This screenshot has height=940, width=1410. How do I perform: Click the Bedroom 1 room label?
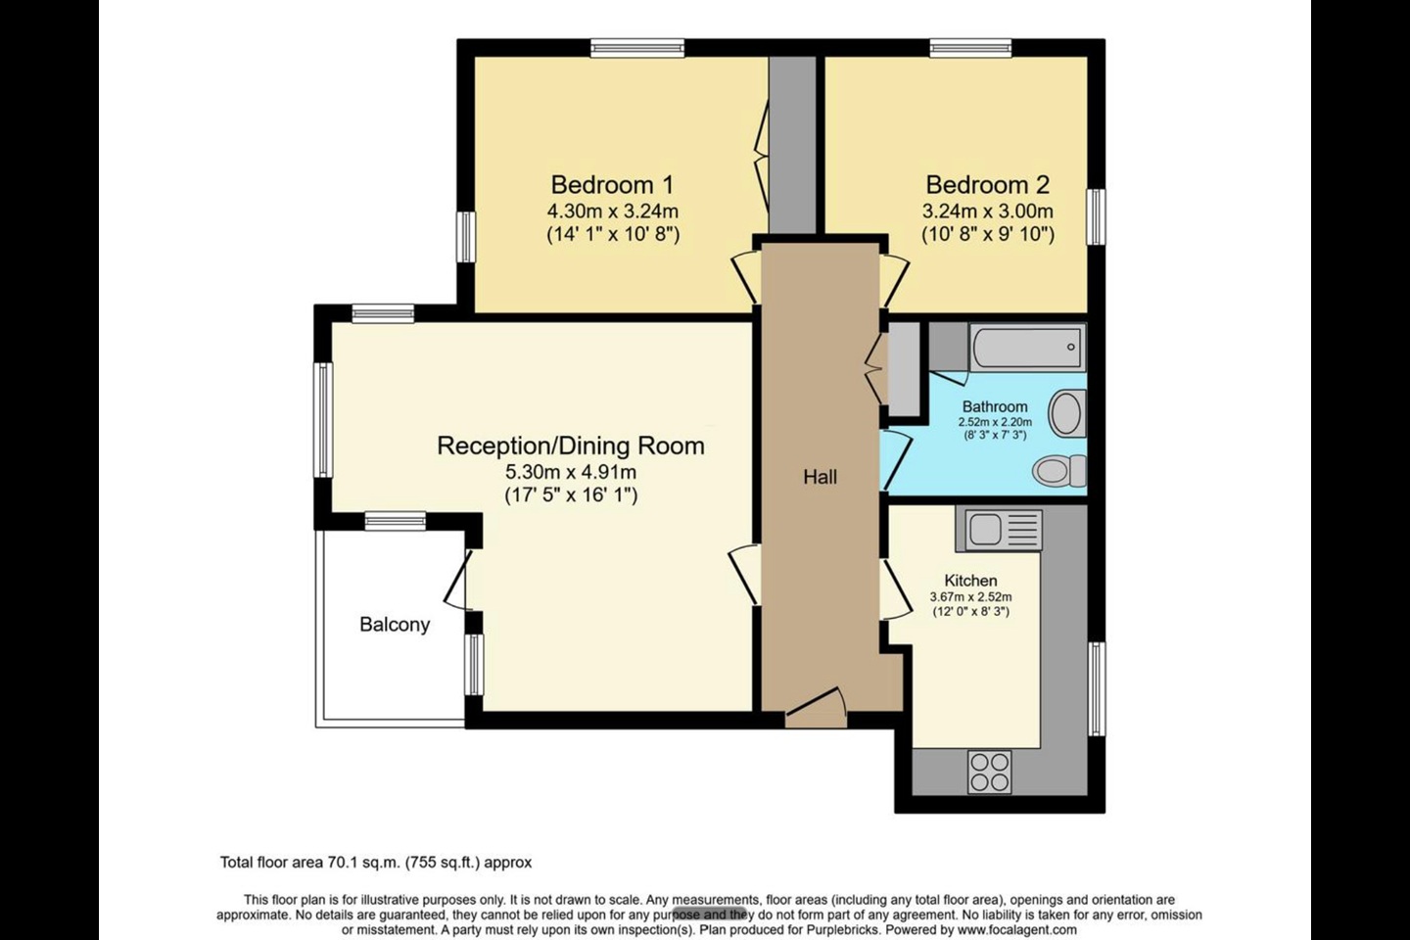point(613,184)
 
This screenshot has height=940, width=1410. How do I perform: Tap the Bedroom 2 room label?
point(988,184)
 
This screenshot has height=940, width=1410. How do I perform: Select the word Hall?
point(820,477)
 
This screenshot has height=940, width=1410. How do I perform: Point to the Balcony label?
point(395,624)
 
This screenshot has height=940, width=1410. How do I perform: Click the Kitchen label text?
point(970,581)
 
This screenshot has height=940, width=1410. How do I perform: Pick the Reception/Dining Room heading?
point(571,446)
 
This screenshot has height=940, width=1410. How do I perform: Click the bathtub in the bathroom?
point(1027,347)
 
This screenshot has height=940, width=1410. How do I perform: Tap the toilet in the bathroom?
point(1059,470)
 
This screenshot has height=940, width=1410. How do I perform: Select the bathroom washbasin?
point(1067,413)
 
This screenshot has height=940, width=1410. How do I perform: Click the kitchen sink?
point(999,530)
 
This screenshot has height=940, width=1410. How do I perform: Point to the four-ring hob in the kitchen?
point(990,772)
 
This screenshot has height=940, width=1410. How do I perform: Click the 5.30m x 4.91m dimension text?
point(571,472)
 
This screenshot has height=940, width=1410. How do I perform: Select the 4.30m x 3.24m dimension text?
point(613,211)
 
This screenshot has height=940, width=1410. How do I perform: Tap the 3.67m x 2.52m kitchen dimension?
point(970,597)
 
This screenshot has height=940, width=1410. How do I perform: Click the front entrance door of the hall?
point(815,709)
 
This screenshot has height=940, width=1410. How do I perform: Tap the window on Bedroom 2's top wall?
point(971,48)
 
